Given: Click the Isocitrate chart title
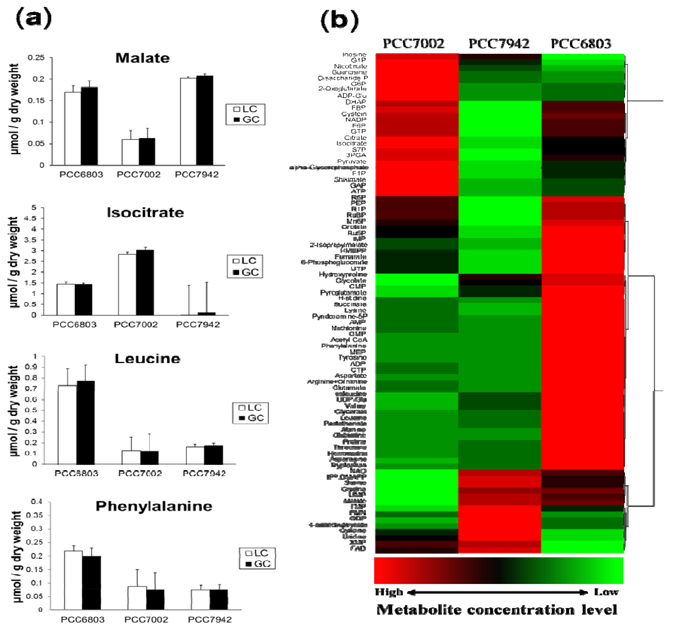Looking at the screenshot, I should click(x=145, y=213).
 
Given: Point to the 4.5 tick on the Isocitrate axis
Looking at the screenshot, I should click(x=31, y=218).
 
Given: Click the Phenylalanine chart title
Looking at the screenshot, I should click(x=154, y=506).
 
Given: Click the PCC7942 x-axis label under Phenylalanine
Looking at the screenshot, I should click(x=209, y=620).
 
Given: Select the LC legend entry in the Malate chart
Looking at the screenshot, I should click(x=246, y=109).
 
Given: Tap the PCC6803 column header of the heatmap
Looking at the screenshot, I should click(x=581, y=44).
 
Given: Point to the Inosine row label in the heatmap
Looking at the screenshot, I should click(x=354, y=54).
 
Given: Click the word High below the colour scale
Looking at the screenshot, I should click(x=389, y=592).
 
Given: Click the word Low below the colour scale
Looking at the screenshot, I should click(x=606, y=592).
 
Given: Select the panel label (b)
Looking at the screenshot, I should click(x=339, y=20).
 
